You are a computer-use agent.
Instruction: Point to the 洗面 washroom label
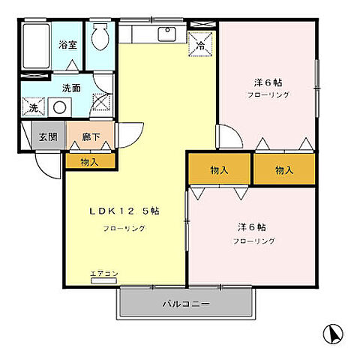pyautogui.click(x=71, y=87)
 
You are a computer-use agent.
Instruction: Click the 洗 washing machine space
pyautogui.click(x=33, y=108)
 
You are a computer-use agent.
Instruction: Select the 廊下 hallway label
pyautogui.click(x=89, y=137)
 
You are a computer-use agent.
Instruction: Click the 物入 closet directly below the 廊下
pyautogui.click(x=89, y=160)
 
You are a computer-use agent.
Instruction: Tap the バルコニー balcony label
pyautogui.click(x=184, y=305)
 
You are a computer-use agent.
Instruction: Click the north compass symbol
pyautogui.click(x=333, y=331)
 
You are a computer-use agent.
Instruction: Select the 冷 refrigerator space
pyautogui.click(x=200, y=45)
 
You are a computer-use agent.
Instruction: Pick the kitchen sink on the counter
pyautogui.click(x=166, y=34)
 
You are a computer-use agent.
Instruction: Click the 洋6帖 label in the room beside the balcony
pyautogui.click(x=253, y=226)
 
